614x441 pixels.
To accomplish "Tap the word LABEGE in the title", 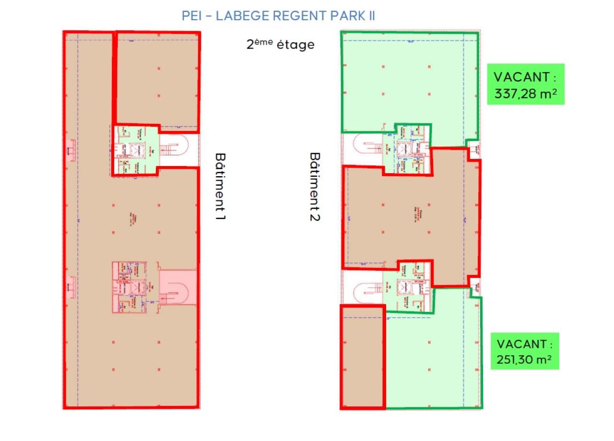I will pos(242,15).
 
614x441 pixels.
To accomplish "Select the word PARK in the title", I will pos(347,15).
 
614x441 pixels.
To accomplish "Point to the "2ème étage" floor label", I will pos(281,45).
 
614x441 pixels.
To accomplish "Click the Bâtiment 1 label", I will pos(220,187).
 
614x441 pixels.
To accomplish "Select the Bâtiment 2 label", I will pos(315,187).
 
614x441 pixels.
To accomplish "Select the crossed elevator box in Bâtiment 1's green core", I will pos(138,150).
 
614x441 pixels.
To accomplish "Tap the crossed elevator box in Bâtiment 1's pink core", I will pos(138,287).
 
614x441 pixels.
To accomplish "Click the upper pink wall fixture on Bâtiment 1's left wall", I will pos(71,150).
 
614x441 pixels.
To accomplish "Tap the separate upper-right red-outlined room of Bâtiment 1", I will pos(158,79).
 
